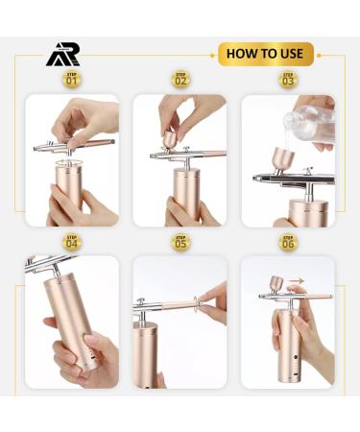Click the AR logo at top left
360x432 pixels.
pos(63,55)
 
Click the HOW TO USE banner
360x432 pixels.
pos(266,53)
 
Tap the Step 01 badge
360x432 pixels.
pos(71,80)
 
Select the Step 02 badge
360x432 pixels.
pos(180,80)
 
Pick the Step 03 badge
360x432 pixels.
pos(288,80)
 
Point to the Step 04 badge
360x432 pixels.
pos(71,242)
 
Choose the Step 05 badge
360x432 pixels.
pos(180,242)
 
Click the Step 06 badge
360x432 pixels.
pos(288,242)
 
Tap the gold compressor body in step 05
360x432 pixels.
pos(157,355)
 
